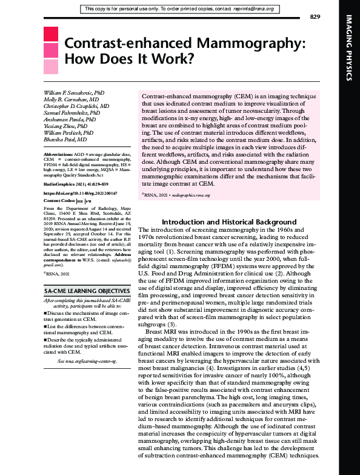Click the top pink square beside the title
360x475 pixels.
51,34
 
